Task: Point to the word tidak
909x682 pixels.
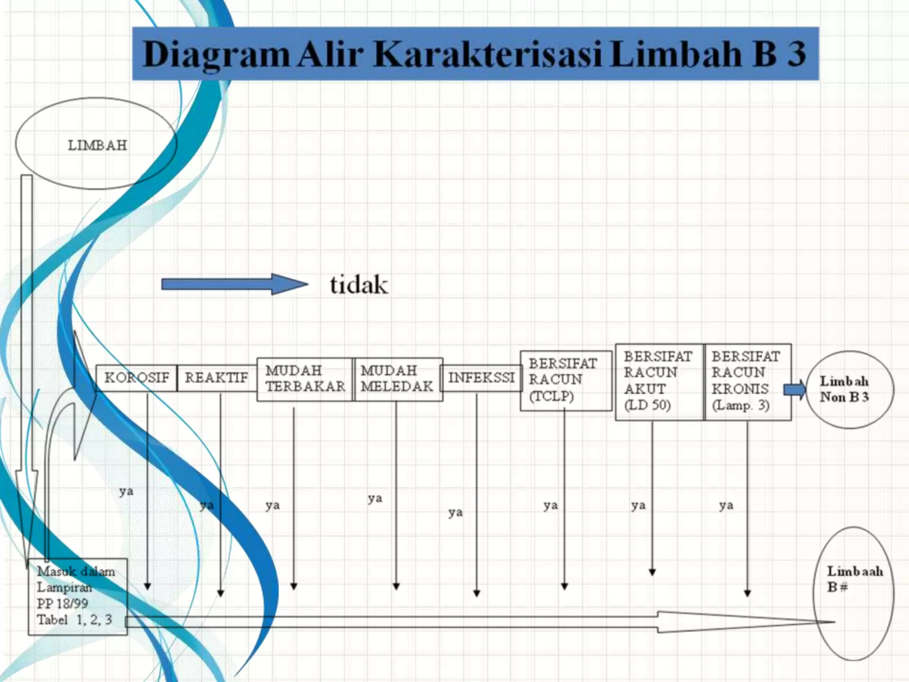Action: (x=359, y=285)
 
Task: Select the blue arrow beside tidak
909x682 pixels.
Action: (x=234, y=284)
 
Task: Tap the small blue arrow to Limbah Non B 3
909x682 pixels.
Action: (x=794, y=390)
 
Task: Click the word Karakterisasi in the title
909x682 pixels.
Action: (x=488, y=54)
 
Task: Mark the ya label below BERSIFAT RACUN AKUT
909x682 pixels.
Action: (x=638, y=506)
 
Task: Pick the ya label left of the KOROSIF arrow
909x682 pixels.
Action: (x=126, y=492)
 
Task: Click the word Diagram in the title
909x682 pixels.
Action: (x=216, y=55)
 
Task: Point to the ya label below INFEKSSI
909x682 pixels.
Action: (x=455, y=513)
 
